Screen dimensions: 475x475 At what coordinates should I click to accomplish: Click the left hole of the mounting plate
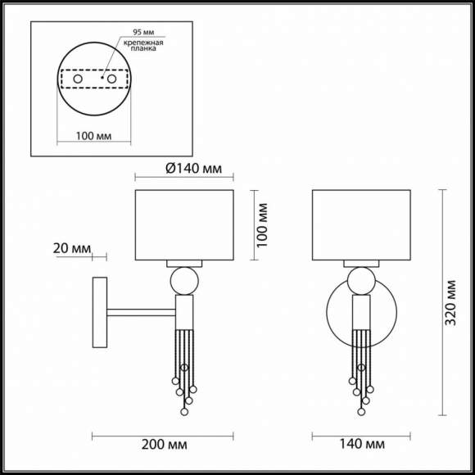pos(79,79)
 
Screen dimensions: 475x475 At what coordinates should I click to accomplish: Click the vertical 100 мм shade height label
pos(262,225)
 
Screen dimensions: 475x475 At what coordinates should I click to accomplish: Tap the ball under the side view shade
pos(184,283)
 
